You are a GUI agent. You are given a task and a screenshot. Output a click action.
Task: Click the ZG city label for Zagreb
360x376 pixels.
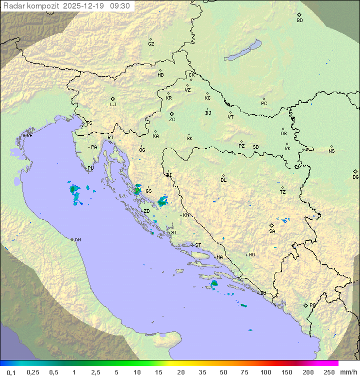point(172,120)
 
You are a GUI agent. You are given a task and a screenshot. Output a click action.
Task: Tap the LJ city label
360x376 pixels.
point(113,105)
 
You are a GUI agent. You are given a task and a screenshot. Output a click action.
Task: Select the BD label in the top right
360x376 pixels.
point(299,21)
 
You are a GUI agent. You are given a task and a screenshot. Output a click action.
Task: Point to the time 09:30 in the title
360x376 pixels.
point(120,6)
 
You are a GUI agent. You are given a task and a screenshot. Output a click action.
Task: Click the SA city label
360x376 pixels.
point(272,231)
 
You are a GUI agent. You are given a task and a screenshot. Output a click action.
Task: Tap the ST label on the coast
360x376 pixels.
point(198,245)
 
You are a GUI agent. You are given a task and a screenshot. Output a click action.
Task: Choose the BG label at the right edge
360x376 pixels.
point(355,177)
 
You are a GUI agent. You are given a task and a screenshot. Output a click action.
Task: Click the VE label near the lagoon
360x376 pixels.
point(29,136)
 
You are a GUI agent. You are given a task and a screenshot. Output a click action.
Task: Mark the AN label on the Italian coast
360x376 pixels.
point(77,240)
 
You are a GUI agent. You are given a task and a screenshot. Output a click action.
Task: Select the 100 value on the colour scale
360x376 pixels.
point(265,372)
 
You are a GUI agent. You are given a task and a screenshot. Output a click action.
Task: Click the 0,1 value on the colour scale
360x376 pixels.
point(11,372)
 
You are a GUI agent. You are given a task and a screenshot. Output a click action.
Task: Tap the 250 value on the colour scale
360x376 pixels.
point(329,372)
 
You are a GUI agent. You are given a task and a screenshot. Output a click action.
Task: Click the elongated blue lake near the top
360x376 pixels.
point(243,50)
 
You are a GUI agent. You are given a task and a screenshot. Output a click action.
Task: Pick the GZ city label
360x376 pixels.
point(151,44)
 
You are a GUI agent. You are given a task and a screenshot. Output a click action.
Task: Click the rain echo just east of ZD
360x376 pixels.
point(162,202)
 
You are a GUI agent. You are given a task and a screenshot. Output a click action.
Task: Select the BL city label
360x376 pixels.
point(223,180)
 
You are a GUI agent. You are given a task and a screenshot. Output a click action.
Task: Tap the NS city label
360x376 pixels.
point(331,151)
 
